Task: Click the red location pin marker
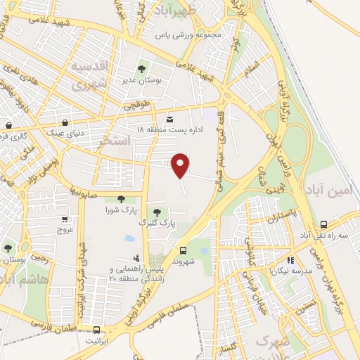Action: tap(181, 164)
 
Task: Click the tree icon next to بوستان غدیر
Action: tap(141, 70)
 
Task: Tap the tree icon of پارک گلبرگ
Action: tap(156, 212)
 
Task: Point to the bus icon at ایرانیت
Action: tap(96, 330)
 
